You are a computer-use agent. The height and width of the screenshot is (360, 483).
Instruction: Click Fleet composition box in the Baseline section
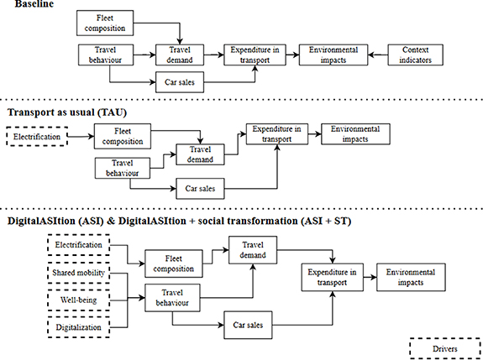pyautogui.click(x=102, y=23)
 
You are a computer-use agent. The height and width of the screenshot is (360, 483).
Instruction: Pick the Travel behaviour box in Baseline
pyautogui.click(x=102, y=55)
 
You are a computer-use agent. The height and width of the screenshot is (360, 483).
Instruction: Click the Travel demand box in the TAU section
pyautogui.click(x=201, y=154)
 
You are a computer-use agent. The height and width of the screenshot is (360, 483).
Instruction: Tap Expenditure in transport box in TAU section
pyautogui.click(x=278, y=133)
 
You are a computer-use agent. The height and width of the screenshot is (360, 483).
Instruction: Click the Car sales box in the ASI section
pyautogui.click(x=249, y=323)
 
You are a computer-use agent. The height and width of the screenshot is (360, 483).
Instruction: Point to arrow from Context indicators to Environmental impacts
pyautogui.click(x=376, y=55)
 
